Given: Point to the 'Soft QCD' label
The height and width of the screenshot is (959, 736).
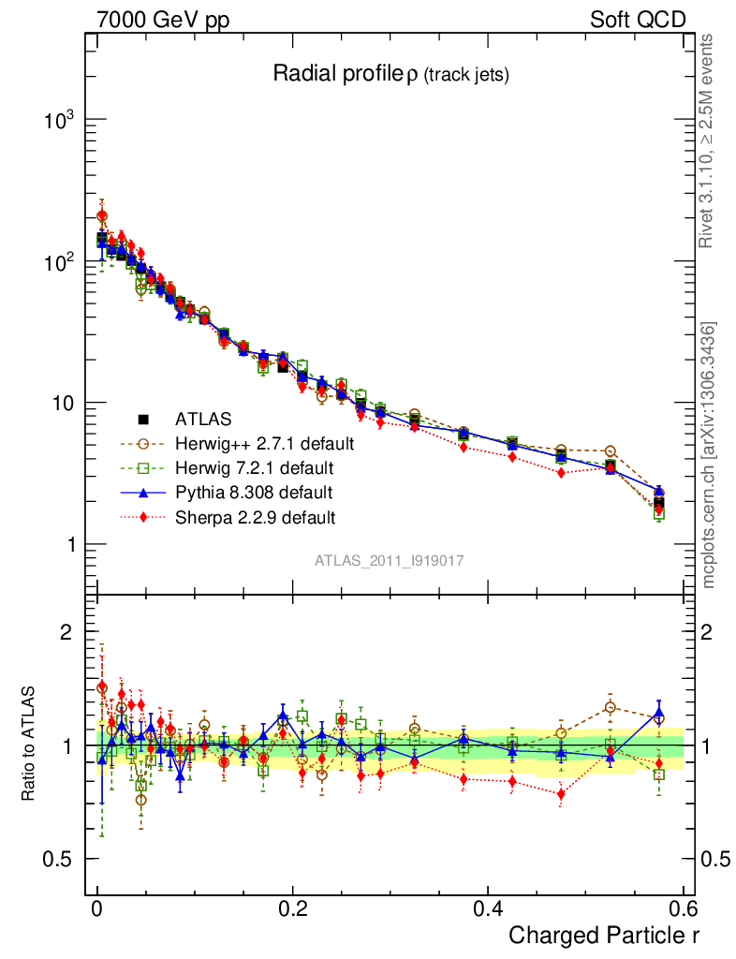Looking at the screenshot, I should (x=638, y=20).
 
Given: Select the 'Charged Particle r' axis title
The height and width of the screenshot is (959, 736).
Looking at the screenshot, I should (x=604, y=935).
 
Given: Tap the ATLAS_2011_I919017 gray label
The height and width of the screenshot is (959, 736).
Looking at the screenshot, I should (x=390, y=560).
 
